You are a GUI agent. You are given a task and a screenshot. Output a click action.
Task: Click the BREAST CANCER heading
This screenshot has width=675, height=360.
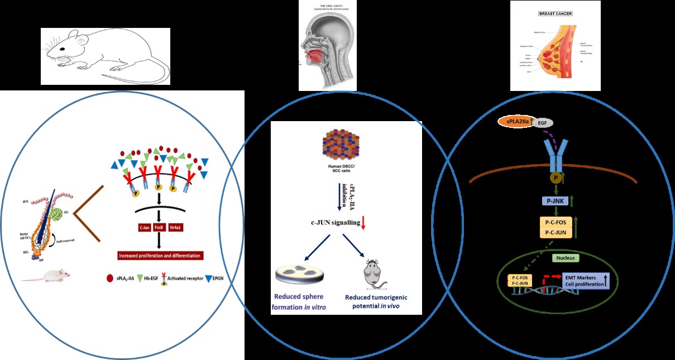[556, 13]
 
